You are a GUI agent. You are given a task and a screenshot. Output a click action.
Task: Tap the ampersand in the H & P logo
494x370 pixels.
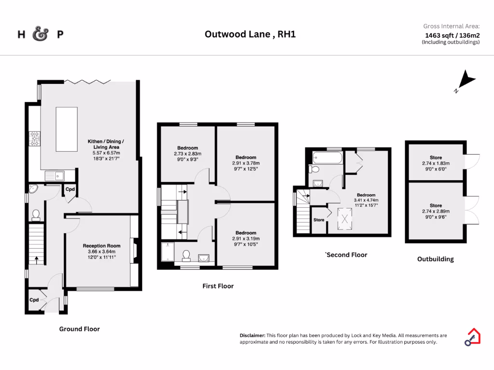(x=41, y=34)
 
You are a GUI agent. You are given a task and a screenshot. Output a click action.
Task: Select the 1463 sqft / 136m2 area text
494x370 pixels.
(x=452, y=35)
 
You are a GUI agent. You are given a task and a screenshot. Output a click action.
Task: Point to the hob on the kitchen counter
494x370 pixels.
(x=35, y=139)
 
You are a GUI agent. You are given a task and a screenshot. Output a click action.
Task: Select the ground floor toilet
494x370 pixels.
(x=35, y=213)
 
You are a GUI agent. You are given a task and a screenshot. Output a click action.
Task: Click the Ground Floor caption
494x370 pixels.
(x=80, y=329)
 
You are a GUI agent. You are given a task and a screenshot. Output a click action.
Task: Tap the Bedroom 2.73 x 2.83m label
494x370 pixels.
(x=188, y=148)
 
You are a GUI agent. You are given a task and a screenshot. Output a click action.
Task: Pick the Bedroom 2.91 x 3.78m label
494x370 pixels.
(x=246, y=158)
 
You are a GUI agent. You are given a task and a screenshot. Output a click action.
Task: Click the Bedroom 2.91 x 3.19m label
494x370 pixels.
(x=246, y=233)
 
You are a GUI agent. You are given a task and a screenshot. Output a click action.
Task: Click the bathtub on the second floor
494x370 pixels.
(x=327, y=158)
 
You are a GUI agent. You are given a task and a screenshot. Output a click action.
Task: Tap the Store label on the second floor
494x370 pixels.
(x=319, y=220)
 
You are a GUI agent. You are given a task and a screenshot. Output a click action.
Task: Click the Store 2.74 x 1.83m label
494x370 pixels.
(x=436, y=158)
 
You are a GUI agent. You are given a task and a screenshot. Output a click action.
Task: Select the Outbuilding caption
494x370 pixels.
(x=435, y=259)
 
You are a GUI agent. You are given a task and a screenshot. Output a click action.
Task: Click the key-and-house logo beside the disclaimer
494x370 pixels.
(x=472, y=337)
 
